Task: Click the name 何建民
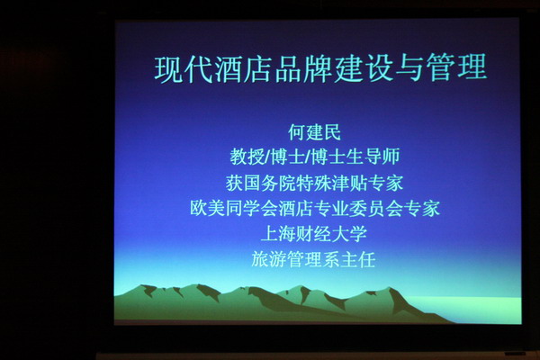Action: pos(314,132)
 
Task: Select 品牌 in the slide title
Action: pos(304,69)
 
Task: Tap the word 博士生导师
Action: pos(355,157)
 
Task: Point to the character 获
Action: pos(235,183)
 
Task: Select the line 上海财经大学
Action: pos(314,234)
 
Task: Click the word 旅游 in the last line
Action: pos(269,259)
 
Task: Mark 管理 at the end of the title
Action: pos(456,67)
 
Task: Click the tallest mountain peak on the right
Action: pos(390,288)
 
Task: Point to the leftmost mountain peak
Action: pos(141,285)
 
